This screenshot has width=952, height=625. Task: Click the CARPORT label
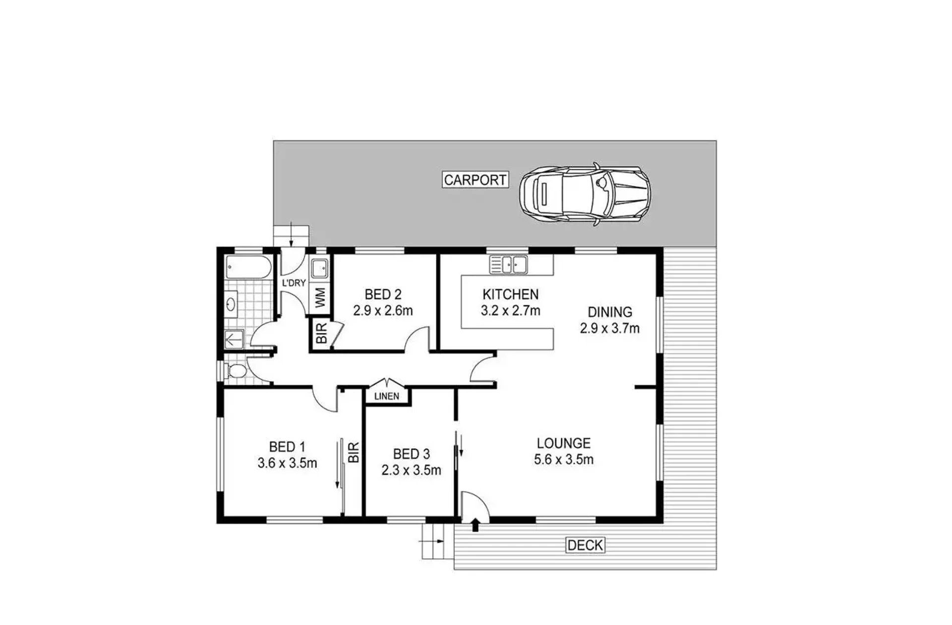coord(475,180)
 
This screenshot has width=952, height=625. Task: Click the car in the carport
coord(585,195)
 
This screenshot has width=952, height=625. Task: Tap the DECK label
coord(585,545)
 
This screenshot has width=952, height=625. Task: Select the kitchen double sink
coord(508,264)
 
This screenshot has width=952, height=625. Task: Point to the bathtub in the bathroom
coord(248,268)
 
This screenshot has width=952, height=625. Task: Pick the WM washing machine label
coord(320,298)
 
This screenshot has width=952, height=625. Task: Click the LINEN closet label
coord(387,396)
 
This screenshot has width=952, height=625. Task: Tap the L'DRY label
coord(294,283)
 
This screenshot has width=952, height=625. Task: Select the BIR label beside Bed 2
coord(321,333)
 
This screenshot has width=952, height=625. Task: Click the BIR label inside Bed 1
coord(354,452)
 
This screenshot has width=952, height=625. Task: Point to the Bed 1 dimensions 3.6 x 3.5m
coord(287,463)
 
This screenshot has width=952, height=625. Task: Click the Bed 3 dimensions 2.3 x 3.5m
coord(411,470)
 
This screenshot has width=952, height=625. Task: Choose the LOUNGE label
coord(564,443)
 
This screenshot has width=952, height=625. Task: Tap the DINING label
coord(610,312)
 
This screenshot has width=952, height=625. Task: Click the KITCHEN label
coord(511,294)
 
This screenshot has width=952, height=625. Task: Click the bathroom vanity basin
coord(231,304)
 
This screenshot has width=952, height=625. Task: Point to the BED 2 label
coord(383,294)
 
